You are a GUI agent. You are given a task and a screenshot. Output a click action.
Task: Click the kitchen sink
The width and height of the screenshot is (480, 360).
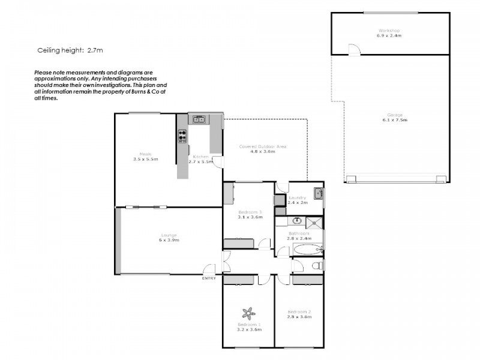199,119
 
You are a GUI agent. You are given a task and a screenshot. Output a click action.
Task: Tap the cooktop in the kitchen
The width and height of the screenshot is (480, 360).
182,137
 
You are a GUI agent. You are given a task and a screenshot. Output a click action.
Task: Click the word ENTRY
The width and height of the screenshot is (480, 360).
208,278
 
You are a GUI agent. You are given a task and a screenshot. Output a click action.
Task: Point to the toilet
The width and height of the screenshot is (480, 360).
317,265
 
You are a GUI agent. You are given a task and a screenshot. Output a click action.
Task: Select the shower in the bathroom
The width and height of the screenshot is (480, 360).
316,224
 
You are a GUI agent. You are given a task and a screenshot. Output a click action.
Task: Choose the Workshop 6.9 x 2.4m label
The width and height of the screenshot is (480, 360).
389,33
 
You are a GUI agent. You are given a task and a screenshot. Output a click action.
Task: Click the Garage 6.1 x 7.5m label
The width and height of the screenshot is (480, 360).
394,117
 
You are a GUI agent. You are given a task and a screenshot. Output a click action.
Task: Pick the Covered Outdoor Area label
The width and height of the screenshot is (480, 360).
262,149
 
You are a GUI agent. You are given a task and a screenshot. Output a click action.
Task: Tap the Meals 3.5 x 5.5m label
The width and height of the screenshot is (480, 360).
145,157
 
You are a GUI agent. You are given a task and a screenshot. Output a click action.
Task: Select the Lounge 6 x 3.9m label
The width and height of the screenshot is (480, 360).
169,237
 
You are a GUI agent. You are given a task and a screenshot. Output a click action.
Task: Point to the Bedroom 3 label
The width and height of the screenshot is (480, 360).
249,212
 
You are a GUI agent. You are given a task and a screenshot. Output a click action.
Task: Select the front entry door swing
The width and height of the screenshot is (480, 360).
209,270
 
